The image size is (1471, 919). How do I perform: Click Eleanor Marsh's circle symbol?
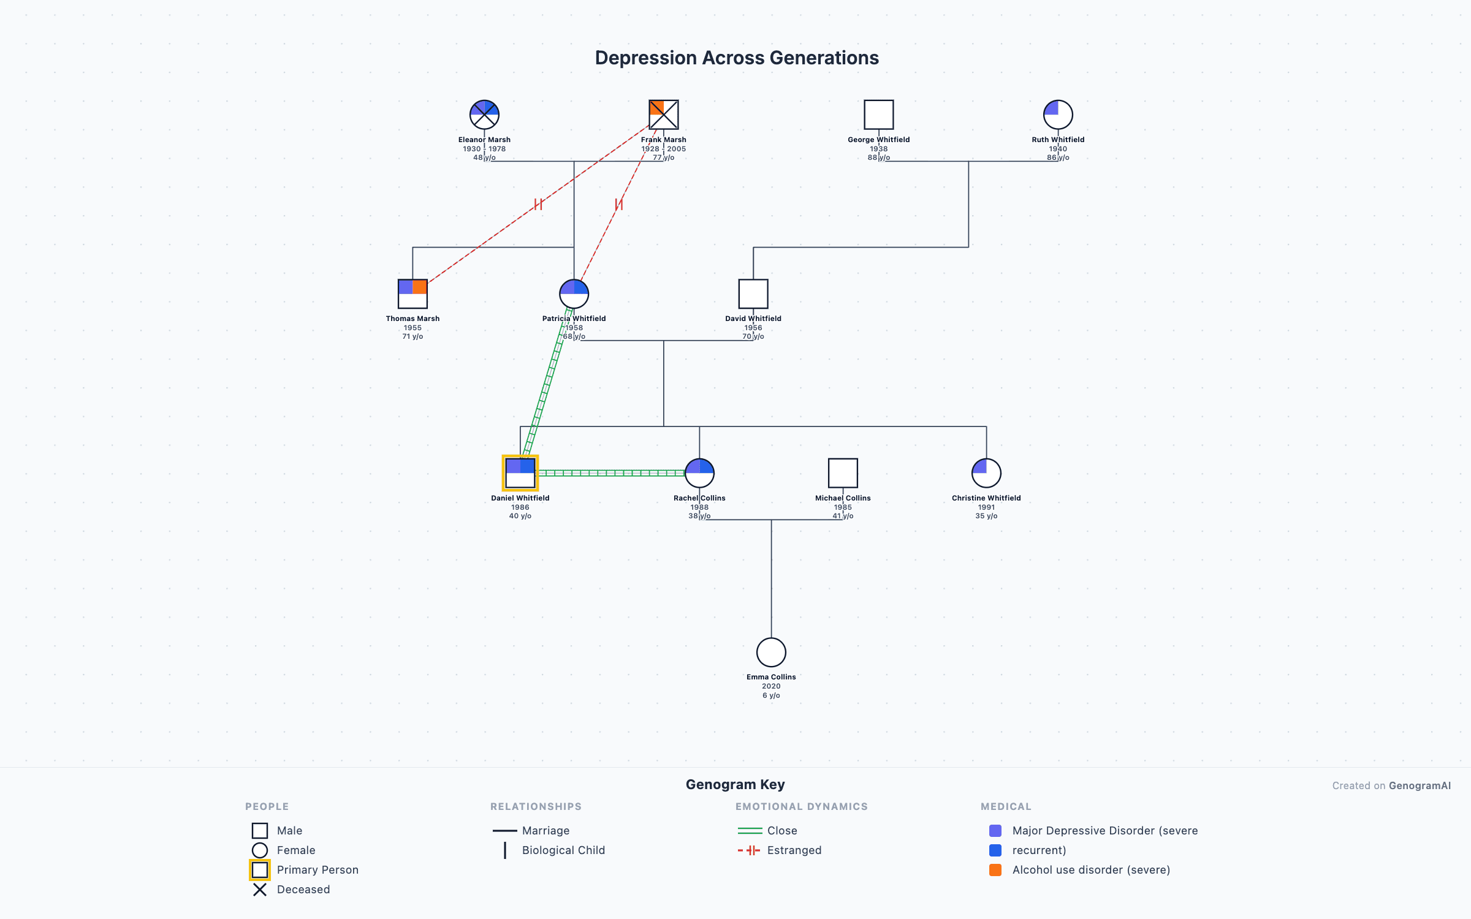[484, 115]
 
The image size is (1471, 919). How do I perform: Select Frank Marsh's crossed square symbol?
[664, 115]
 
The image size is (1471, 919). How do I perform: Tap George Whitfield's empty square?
[878, 115]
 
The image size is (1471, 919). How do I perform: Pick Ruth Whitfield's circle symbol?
[1058, 115]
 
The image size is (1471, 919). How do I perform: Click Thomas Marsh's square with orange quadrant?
[412, 294]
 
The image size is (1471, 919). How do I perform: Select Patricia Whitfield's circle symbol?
[574, 294]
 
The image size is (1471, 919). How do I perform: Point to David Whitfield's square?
[753, 294]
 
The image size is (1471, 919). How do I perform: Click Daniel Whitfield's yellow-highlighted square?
[520, 473]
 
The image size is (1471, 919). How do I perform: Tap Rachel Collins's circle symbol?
[699, 473]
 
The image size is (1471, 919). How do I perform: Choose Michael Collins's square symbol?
[843, 473]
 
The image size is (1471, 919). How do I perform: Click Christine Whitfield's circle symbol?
[986, 473]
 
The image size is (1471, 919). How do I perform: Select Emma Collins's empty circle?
[771, 652]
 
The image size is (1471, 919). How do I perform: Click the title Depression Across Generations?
[737, 58]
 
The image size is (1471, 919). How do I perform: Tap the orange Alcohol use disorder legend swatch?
[995, 870]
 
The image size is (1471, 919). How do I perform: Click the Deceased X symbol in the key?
[260, 890]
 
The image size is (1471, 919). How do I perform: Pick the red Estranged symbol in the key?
[749, 850]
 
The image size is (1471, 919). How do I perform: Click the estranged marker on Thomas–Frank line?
[538, 204]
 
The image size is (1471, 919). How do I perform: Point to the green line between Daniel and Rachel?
[611, 473]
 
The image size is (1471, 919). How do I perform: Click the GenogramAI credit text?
[1420, 785]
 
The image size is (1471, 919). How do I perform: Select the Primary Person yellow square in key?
[260, 870]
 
